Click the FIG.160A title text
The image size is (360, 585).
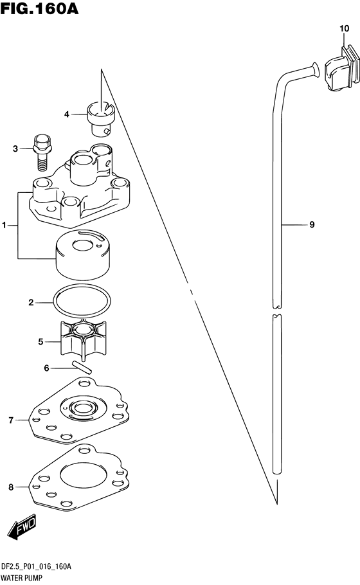[40, 9]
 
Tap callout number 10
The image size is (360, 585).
[344, 28]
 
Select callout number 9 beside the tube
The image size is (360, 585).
[312, 224]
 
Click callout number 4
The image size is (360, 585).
[66, 114]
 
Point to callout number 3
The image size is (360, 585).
[15, 149]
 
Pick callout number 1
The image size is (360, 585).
[4, 225]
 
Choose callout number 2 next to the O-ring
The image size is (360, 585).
[31, 303]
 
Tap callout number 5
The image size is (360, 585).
[40, 342]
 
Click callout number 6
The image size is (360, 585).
[46, 368]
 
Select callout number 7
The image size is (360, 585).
[11, 420]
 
